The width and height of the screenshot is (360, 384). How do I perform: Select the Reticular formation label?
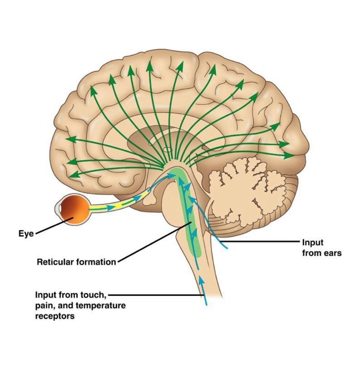[x=76, y=262]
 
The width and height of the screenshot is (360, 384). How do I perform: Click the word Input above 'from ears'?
[x=313, y=243]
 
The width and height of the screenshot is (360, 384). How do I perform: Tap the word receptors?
[x=55, y=316]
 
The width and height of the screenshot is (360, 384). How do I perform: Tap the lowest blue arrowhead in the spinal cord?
[x=201, y=280]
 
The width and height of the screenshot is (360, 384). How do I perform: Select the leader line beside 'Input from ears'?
[x=262, y=242]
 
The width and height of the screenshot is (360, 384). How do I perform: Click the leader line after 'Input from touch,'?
[x=157, y=294]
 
